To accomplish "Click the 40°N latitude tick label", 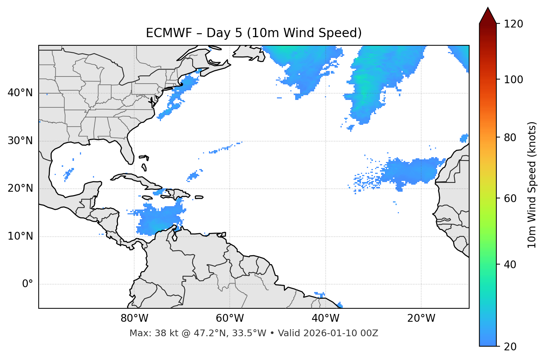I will tap(20, 93).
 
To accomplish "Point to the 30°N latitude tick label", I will tap(20, 141).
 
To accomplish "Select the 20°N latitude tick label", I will tap(20, 188).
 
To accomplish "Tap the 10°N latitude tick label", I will tap(20, 236).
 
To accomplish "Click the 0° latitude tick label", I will tap(28, 284).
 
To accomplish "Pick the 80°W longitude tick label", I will tap(134, 318).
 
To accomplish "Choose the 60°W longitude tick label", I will tap(230, 318).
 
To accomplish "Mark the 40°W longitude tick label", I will tap(325, 318).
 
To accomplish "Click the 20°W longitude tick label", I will tap(421, 318).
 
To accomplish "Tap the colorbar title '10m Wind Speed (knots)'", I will tap(532, 185).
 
